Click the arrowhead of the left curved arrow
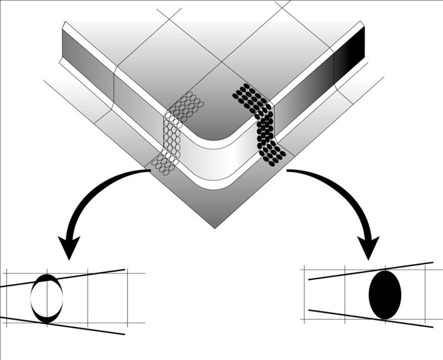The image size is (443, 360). pos(69,248)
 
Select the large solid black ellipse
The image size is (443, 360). pos(385,295)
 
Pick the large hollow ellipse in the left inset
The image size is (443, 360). pos(47,298)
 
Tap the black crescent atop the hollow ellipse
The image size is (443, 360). pos(47,277)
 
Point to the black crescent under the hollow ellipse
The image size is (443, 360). pos(47,319)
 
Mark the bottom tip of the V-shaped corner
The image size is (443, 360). pos(215,227)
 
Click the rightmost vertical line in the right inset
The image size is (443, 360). pos(426,294)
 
